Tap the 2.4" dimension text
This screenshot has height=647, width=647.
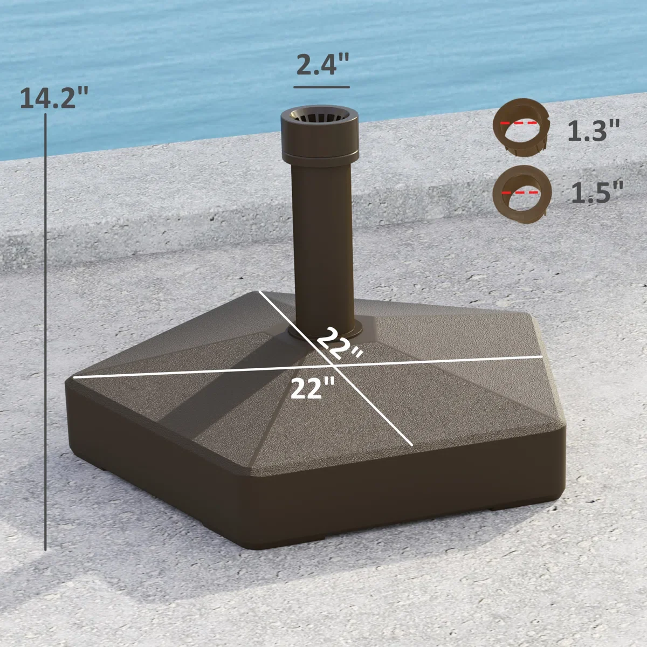point(322,64)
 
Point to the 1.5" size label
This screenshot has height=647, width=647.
point(597,192)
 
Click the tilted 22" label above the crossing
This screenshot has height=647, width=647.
point(339,346)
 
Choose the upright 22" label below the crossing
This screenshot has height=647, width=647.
point(313,388)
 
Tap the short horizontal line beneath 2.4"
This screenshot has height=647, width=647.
point(321,87)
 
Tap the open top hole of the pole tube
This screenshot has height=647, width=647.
point(319,116)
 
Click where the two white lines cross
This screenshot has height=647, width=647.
point(334,366)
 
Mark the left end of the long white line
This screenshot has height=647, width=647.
point(74,377)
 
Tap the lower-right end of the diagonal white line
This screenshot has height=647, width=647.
point(412,445)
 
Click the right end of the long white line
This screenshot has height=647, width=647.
point(541,356)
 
